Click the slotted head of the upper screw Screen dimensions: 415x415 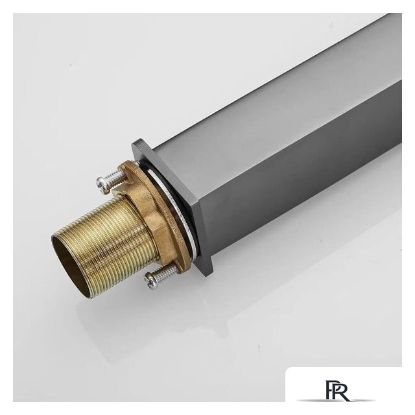coord(102,184)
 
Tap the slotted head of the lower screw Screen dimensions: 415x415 coord(149,281)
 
